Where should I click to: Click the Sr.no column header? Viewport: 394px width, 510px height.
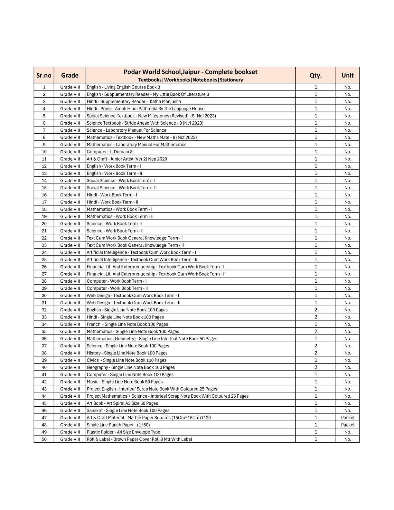[x=44, y=75]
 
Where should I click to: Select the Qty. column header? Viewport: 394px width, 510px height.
[x=315, y=75]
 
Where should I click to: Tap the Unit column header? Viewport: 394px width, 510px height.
[x=347, y=75]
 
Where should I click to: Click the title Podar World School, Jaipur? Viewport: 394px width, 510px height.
[x=191, y=72]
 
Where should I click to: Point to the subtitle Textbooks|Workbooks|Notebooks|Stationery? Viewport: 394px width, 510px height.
[x=191, y=80]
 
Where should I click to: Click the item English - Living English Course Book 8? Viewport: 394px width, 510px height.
[x=123, y=87]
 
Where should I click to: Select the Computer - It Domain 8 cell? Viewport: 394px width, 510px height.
[x=109, y=152]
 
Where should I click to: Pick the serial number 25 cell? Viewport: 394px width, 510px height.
[x=44, y=260]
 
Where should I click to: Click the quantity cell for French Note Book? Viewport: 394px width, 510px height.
[x=316, y=324]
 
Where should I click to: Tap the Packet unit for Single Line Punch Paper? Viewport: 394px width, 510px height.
[x=348, y=425]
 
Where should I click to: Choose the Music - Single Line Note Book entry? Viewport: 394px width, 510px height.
[x=125, y=382]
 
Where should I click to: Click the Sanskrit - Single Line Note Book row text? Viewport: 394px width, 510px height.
[x=128, y=411]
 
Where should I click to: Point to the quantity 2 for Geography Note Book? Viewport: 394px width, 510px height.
[x=316, y=367]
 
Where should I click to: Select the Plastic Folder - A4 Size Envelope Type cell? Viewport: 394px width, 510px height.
[x=123, y=432]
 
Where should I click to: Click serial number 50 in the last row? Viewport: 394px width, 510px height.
[x=44, y=439]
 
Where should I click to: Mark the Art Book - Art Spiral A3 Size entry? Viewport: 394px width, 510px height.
[x=122, y=403]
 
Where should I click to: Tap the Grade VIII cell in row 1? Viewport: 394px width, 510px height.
[x=70, y=87]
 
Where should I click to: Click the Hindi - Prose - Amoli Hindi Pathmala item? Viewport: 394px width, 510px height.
[x=145, y=109]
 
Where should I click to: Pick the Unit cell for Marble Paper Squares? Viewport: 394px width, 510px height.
[x=348, y=418]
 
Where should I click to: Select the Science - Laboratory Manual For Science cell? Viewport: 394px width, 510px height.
[x=127, y=130]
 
